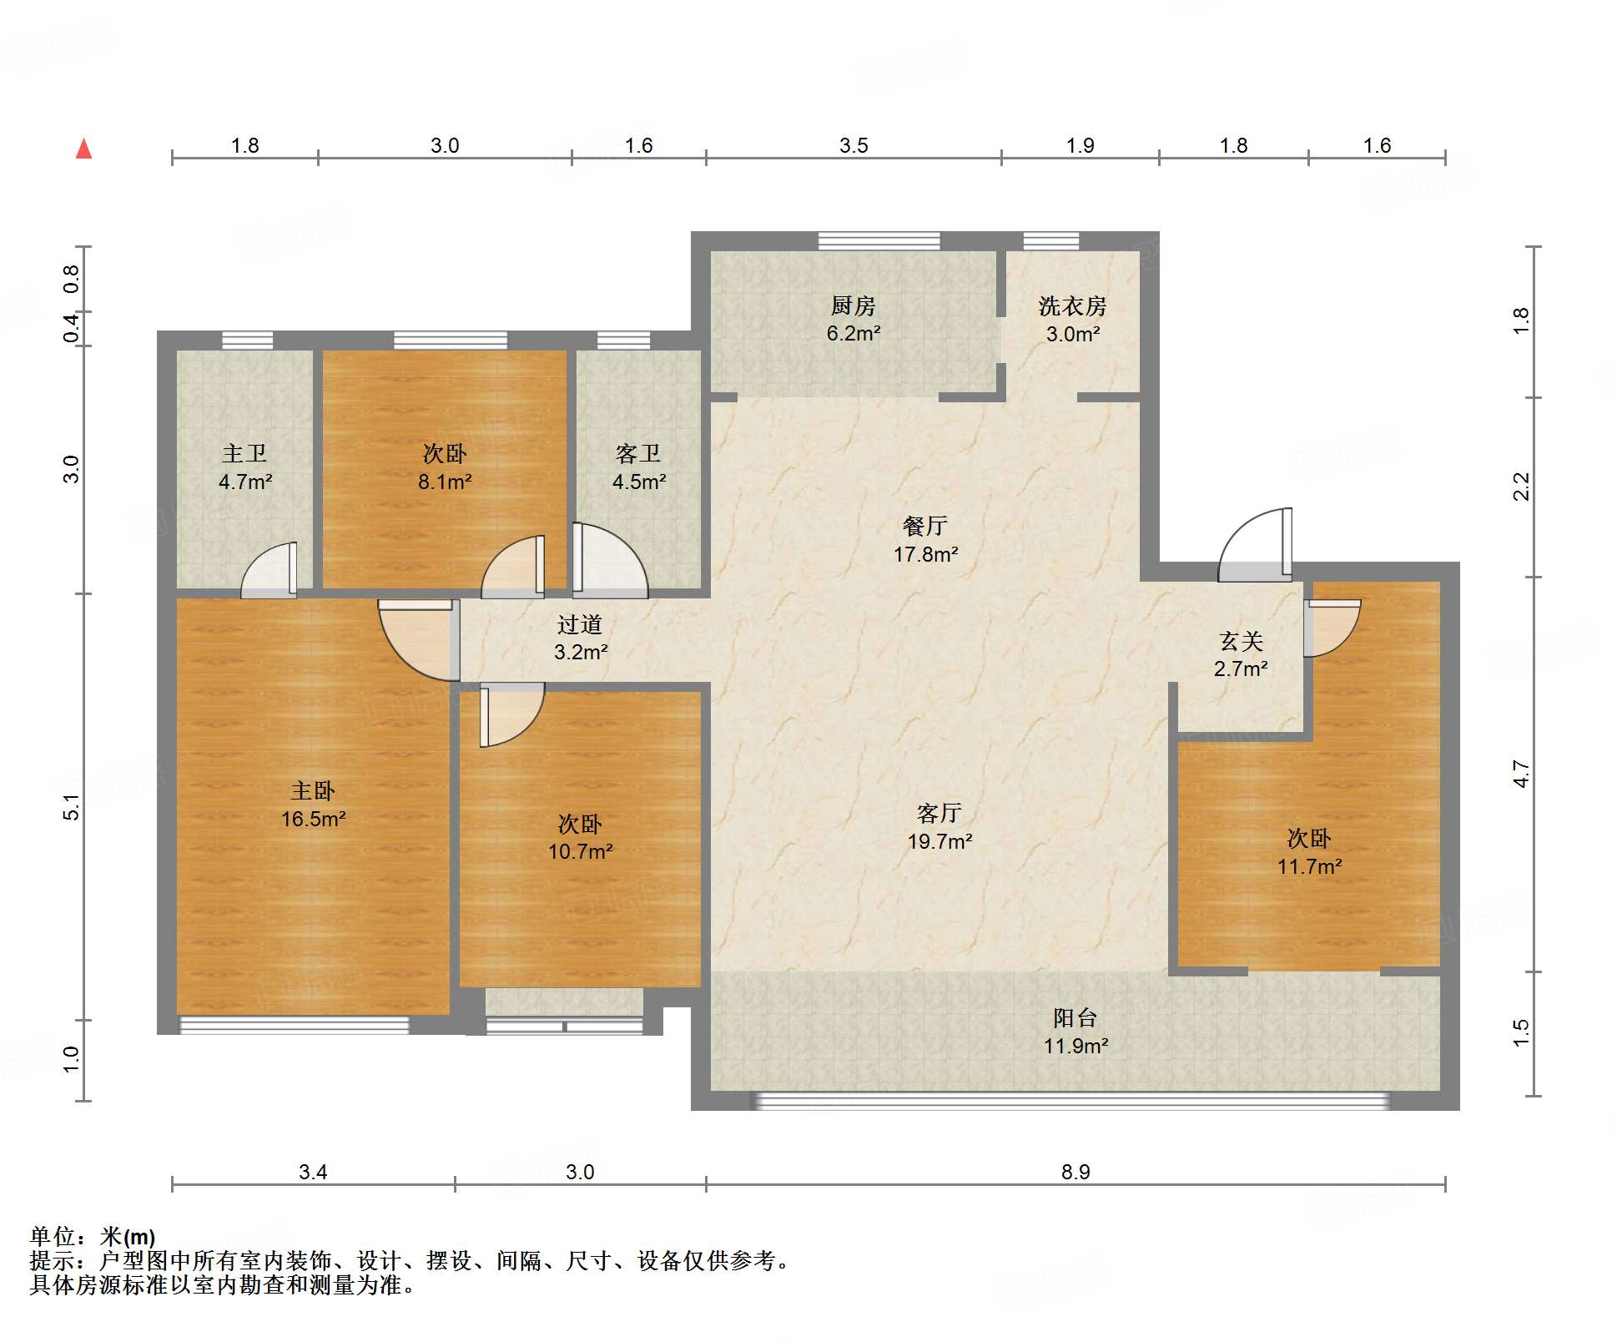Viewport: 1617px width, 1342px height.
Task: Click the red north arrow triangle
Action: pos(83,149)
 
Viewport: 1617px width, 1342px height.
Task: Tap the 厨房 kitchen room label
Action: pos(853,306)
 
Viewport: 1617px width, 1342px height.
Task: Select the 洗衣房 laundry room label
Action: pos(1072,306)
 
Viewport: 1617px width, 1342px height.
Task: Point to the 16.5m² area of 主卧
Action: pos(313,819)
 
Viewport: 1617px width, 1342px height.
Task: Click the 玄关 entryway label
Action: pos(1241,641)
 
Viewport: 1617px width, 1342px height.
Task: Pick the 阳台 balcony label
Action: pos(1075,1017)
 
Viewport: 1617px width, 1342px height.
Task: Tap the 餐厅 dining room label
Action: pos(924,526)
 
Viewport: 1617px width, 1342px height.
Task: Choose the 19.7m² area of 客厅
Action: pos(939,841)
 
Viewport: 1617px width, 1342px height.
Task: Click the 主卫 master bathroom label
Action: pos(244,453)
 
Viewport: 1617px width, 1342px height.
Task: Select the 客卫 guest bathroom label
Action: pos(638,453)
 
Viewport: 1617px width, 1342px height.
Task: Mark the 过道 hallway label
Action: pos(580,624)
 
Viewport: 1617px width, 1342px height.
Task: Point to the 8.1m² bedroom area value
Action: pos(445,482)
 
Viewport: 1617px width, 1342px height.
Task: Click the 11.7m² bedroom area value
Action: pos(1309,866)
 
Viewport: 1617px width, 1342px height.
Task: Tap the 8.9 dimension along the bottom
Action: pos(1075,1172)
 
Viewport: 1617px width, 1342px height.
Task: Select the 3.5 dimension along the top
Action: pos(854,145)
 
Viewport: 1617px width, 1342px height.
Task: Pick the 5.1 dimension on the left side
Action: pos(72,807)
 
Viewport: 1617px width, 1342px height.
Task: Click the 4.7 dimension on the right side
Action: pos(1522,774)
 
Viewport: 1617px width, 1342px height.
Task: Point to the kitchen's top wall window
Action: pos(879,241)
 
